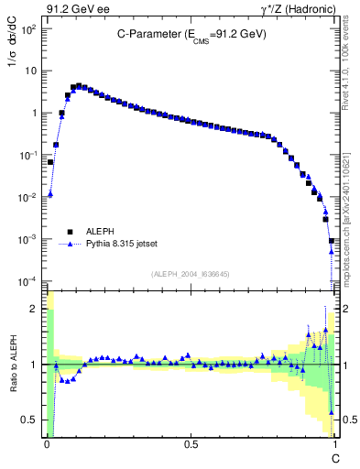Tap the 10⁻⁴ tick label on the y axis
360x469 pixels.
(x=29, y=281)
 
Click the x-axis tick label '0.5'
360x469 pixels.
(x=191, y=443)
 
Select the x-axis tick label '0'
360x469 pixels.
(x=46, y=443)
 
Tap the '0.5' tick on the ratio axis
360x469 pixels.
(x=31, y=420)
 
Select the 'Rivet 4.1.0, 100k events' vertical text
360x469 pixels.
(x=351, y=69)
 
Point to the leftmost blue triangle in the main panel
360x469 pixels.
(x=50, y=194)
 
